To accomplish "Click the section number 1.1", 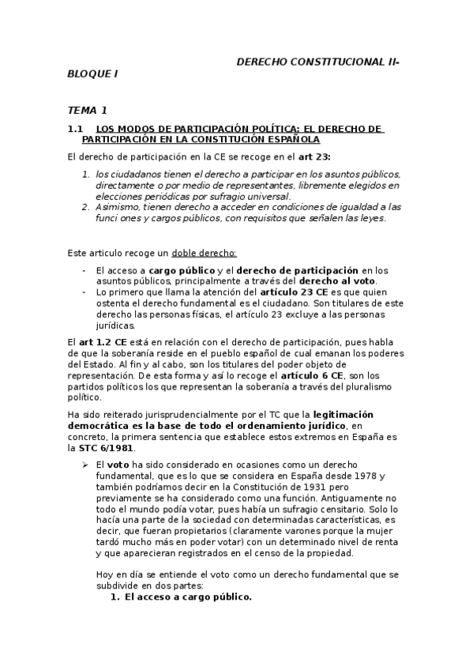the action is (76, 128).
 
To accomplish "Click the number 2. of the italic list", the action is (86, 206).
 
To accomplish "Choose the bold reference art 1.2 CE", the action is (93, 342).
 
